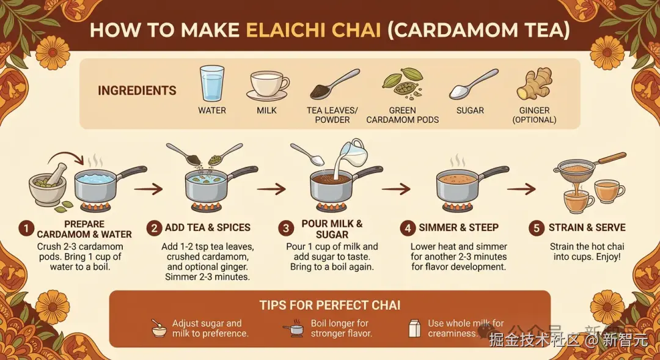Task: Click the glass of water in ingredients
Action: click(211, 83)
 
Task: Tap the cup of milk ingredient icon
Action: click(267, 86)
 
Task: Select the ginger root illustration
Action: click(534, 83)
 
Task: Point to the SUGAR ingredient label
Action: click(470, 110)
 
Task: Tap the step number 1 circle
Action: click(26, 229)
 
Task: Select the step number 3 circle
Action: click(286, 229)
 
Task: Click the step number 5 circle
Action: click(537, 228)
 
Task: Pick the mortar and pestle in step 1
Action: click(48, 185)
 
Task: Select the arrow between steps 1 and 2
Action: click(148, 189)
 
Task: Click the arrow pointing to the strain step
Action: click(521, 189)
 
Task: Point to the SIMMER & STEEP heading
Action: click(458, 228)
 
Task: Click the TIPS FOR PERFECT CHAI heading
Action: click(329, 305)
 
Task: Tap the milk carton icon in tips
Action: click(414, 328)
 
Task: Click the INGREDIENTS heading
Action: click(137, 90)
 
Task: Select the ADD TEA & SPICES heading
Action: click(208, 228)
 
